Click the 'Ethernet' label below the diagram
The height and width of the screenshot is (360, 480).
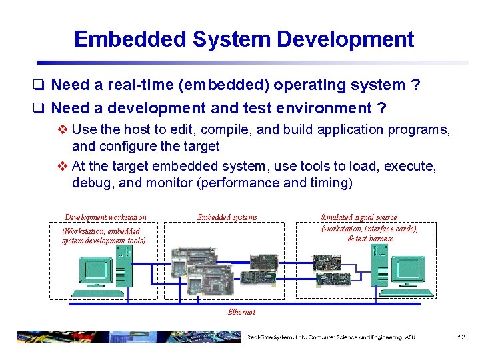pyautogui.click(x=241, y=312)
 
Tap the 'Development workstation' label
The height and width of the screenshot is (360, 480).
pyautogui.click(x=105, y=217)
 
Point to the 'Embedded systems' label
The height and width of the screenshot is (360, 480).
pyautogui.click(x=227, y=217)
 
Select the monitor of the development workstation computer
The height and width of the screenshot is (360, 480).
pyautogui.click(x=95, y=270)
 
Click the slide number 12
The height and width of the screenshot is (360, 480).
pyautogui.click(x=461, y=337)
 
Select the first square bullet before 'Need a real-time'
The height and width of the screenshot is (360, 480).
pyautogui.click(x=41, y=85)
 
